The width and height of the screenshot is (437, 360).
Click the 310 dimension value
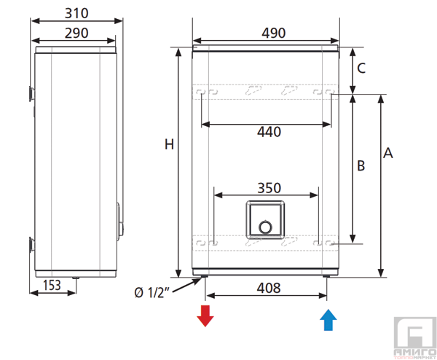(76, 13)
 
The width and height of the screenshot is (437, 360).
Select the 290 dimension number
(76, 34)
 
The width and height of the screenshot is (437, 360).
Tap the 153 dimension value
(52, 285)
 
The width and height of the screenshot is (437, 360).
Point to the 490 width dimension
(273, 34)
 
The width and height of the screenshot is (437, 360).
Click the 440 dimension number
(269, 132)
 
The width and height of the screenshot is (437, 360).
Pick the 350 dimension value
(269, 188)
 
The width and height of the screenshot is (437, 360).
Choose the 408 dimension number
(268, 288)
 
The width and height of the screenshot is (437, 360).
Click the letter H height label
(169, 144)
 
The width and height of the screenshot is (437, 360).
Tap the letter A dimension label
(388, 153)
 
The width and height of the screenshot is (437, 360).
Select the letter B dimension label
(361, 165)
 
